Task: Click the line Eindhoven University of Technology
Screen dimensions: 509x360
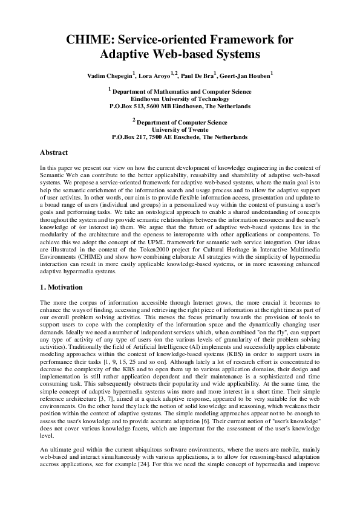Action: coord(180,98)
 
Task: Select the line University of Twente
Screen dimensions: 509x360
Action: coord(180,129)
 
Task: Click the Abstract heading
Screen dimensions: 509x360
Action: coord(54,152)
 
